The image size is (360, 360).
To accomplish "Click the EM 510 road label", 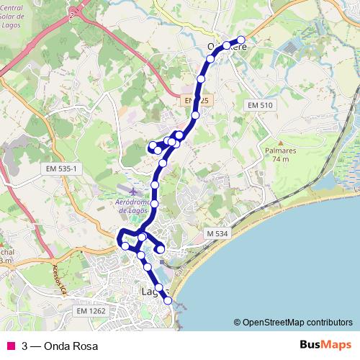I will pos(260,106).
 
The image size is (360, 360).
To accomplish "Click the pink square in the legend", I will pos(10,346).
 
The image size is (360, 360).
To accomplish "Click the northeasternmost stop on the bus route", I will pos(241,40).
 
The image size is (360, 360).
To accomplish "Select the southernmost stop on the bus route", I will pos(168,302).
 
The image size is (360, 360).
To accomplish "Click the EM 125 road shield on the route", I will pos(193,100).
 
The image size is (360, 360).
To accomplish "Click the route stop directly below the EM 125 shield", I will pos(195,115).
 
